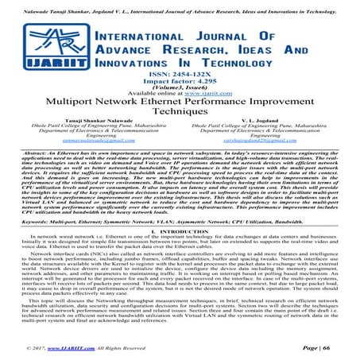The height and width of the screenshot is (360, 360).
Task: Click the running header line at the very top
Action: (180, 6)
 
